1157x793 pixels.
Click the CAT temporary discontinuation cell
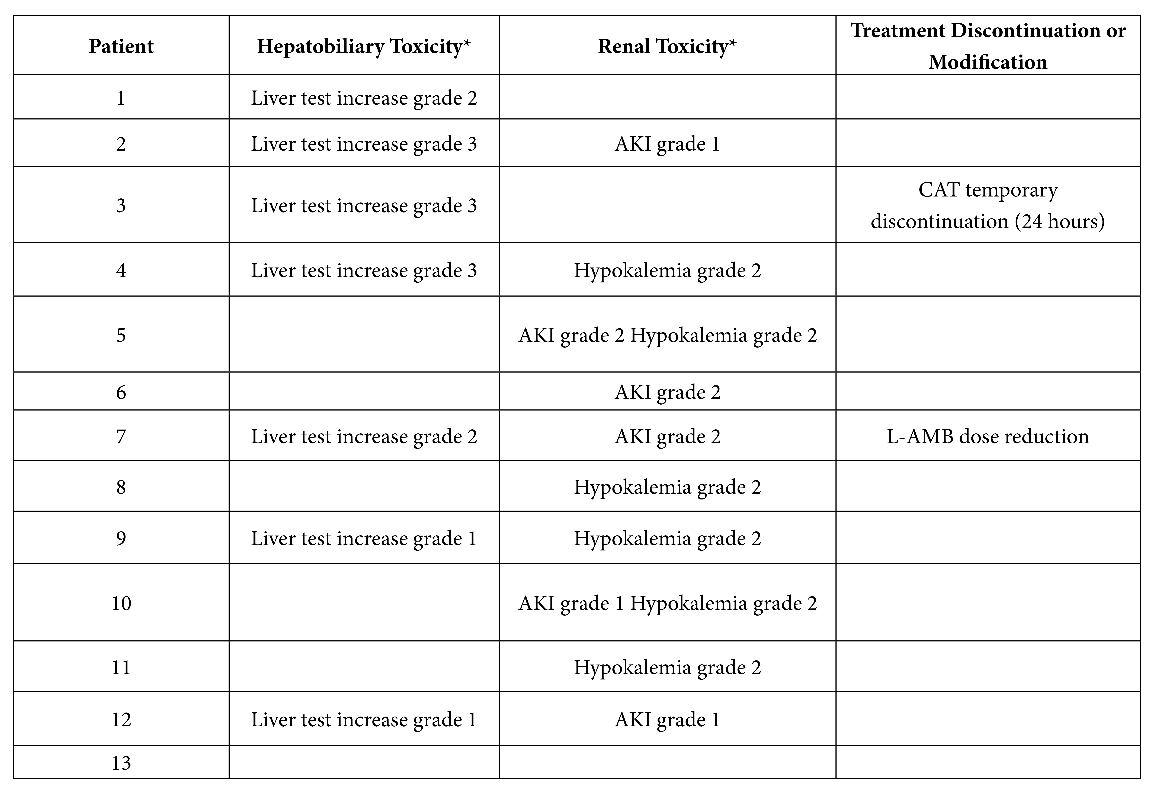tap(988, 205)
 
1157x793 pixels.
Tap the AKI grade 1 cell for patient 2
tap(667, 144)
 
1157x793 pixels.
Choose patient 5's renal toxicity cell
tap(667, 335)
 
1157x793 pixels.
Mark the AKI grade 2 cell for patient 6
tap(667, 392)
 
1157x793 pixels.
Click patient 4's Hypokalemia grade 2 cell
tap(667, 270)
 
